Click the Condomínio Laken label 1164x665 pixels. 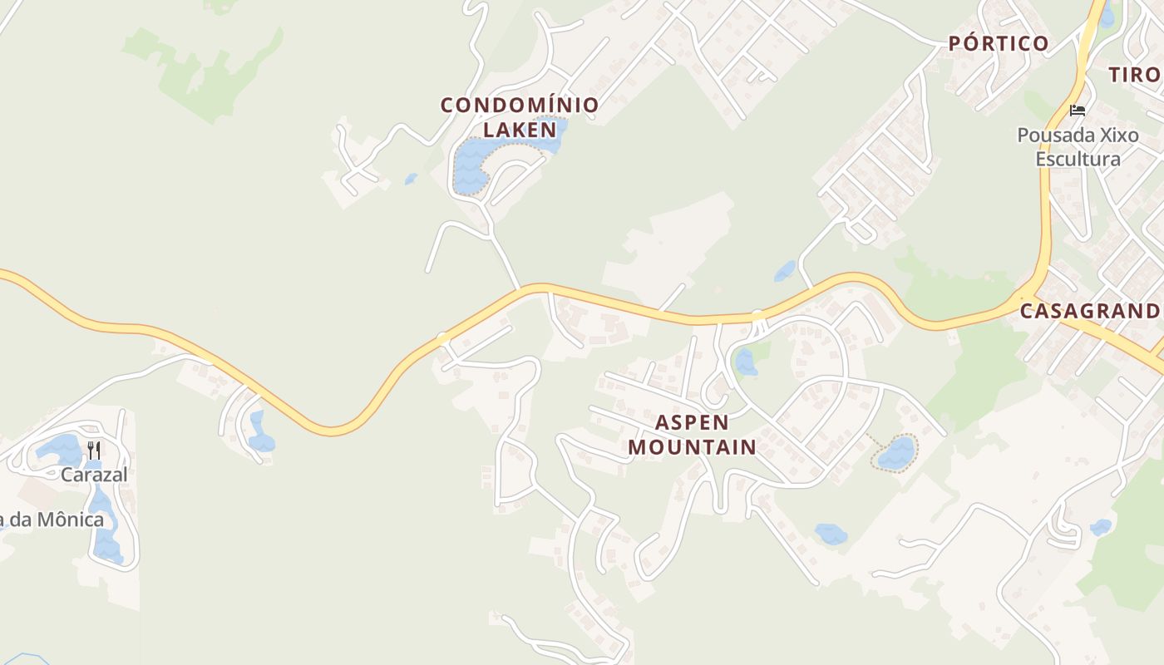pos(520,117)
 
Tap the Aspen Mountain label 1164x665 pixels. pos(692,434)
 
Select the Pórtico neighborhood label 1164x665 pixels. pos(999,43)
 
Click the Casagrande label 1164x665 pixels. pos(1090,311)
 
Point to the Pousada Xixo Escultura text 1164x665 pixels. pos(1078,146)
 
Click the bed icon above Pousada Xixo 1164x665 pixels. pos(1078,110)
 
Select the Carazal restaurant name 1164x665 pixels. pos(94,475)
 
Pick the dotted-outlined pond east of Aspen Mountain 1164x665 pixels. pos(896,453)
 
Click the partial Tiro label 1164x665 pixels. pos(1134,74)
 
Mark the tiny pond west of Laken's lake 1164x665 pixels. pos(411,179)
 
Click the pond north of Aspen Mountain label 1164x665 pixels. pos(745,362)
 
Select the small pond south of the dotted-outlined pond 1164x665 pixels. pos(830,533)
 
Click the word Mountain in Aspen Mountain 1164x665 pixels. pos(692,446)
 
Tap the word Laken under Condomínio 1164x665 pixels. pos(520,130)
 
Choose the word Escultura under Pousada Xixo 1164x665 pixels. pos(1078,158)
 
